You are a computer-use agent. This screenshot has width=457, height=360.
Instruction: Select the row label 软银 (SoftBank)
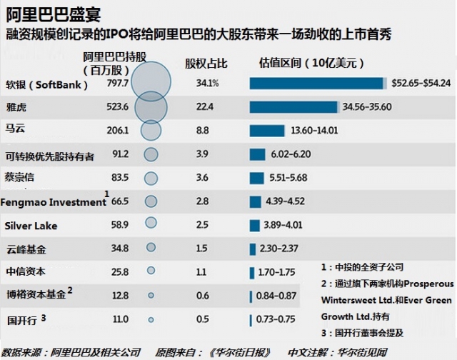coord(47,84)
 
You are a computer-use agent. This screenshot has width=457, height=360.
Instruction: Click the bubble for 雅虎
coord(151,107)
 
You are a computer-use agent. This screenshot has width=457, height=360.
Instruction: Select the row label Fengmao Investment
coord(54,202)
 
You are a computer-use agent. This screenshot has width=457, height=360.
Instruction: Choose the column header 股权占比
coord(206,64)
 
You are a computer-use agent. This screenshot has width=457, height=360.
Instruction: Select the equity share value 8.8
coord(204,131)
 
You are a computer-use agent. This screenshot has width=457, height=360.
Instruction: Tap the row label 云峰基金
coord(25,249)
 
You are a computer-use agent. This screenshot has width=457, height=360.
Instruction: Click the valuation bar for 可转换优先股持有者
coord(257,154)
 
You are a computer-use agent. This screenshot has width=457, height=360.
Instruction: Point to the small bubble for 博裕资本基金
coord(151,295)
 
